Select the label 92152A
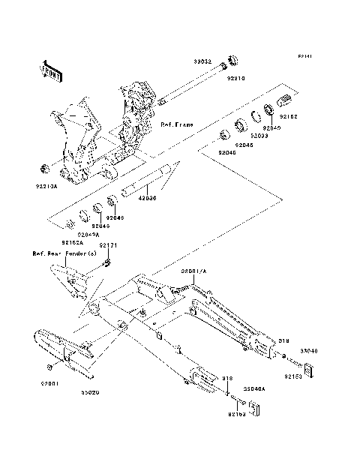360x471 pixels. [x=73, y=243]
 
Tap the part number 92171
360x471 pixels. [x=109, y=245]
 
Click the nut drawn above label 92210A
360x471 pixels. [x=43, y=166]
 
